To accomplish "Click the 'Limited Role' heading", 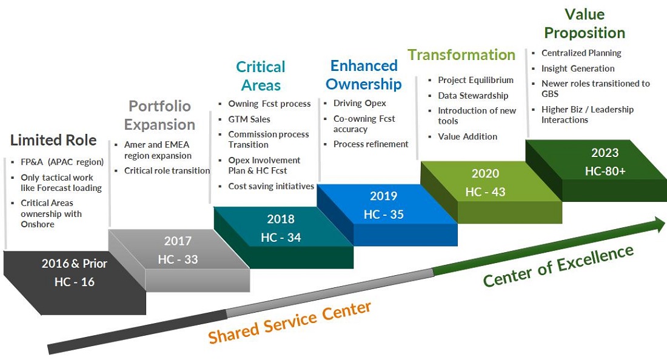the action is click(x=53, y=140).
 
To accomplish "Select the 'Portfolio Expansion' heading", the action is click(x=159, y=115).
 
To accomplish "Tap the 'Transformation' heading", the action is click(x=461, y=55).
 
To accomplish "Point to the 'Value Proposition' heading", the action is click(x=585, y=24).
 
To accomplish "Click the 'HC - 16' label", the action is click(x=75, y=282).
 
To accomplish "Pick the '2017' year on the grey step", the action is click(x=178, y=241).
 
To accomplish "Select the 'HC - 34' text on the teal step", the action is click(x=281, y=237).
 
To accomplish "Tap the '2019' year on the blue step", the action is click(x=383, y=196).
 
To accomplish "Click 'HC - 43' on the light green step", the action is click(x=485, y=192).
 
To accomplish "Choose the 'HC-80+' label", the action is click(x=605, y=171).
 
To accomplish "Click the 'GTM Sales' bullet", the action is click(x=249, y=119).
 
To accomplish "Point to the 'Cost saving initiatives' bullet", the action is click(x=271, y=186).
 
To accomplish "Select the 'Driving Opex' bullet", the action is click(x=360, y=103).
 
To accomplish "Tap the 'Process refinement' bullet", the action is click(x=370, y=144).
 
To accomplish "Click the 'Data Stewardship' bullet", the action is click(x=473, y=96).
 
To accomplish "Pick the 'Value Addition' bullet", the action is click(x=468, y=136).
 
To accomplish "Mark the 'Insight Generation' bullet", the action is click(x=578, y=68).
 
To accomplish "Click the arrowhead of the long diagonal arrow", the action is click(x=659, y=224).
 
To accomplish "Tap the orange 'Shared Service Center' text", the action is click(x=290, y=322).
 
